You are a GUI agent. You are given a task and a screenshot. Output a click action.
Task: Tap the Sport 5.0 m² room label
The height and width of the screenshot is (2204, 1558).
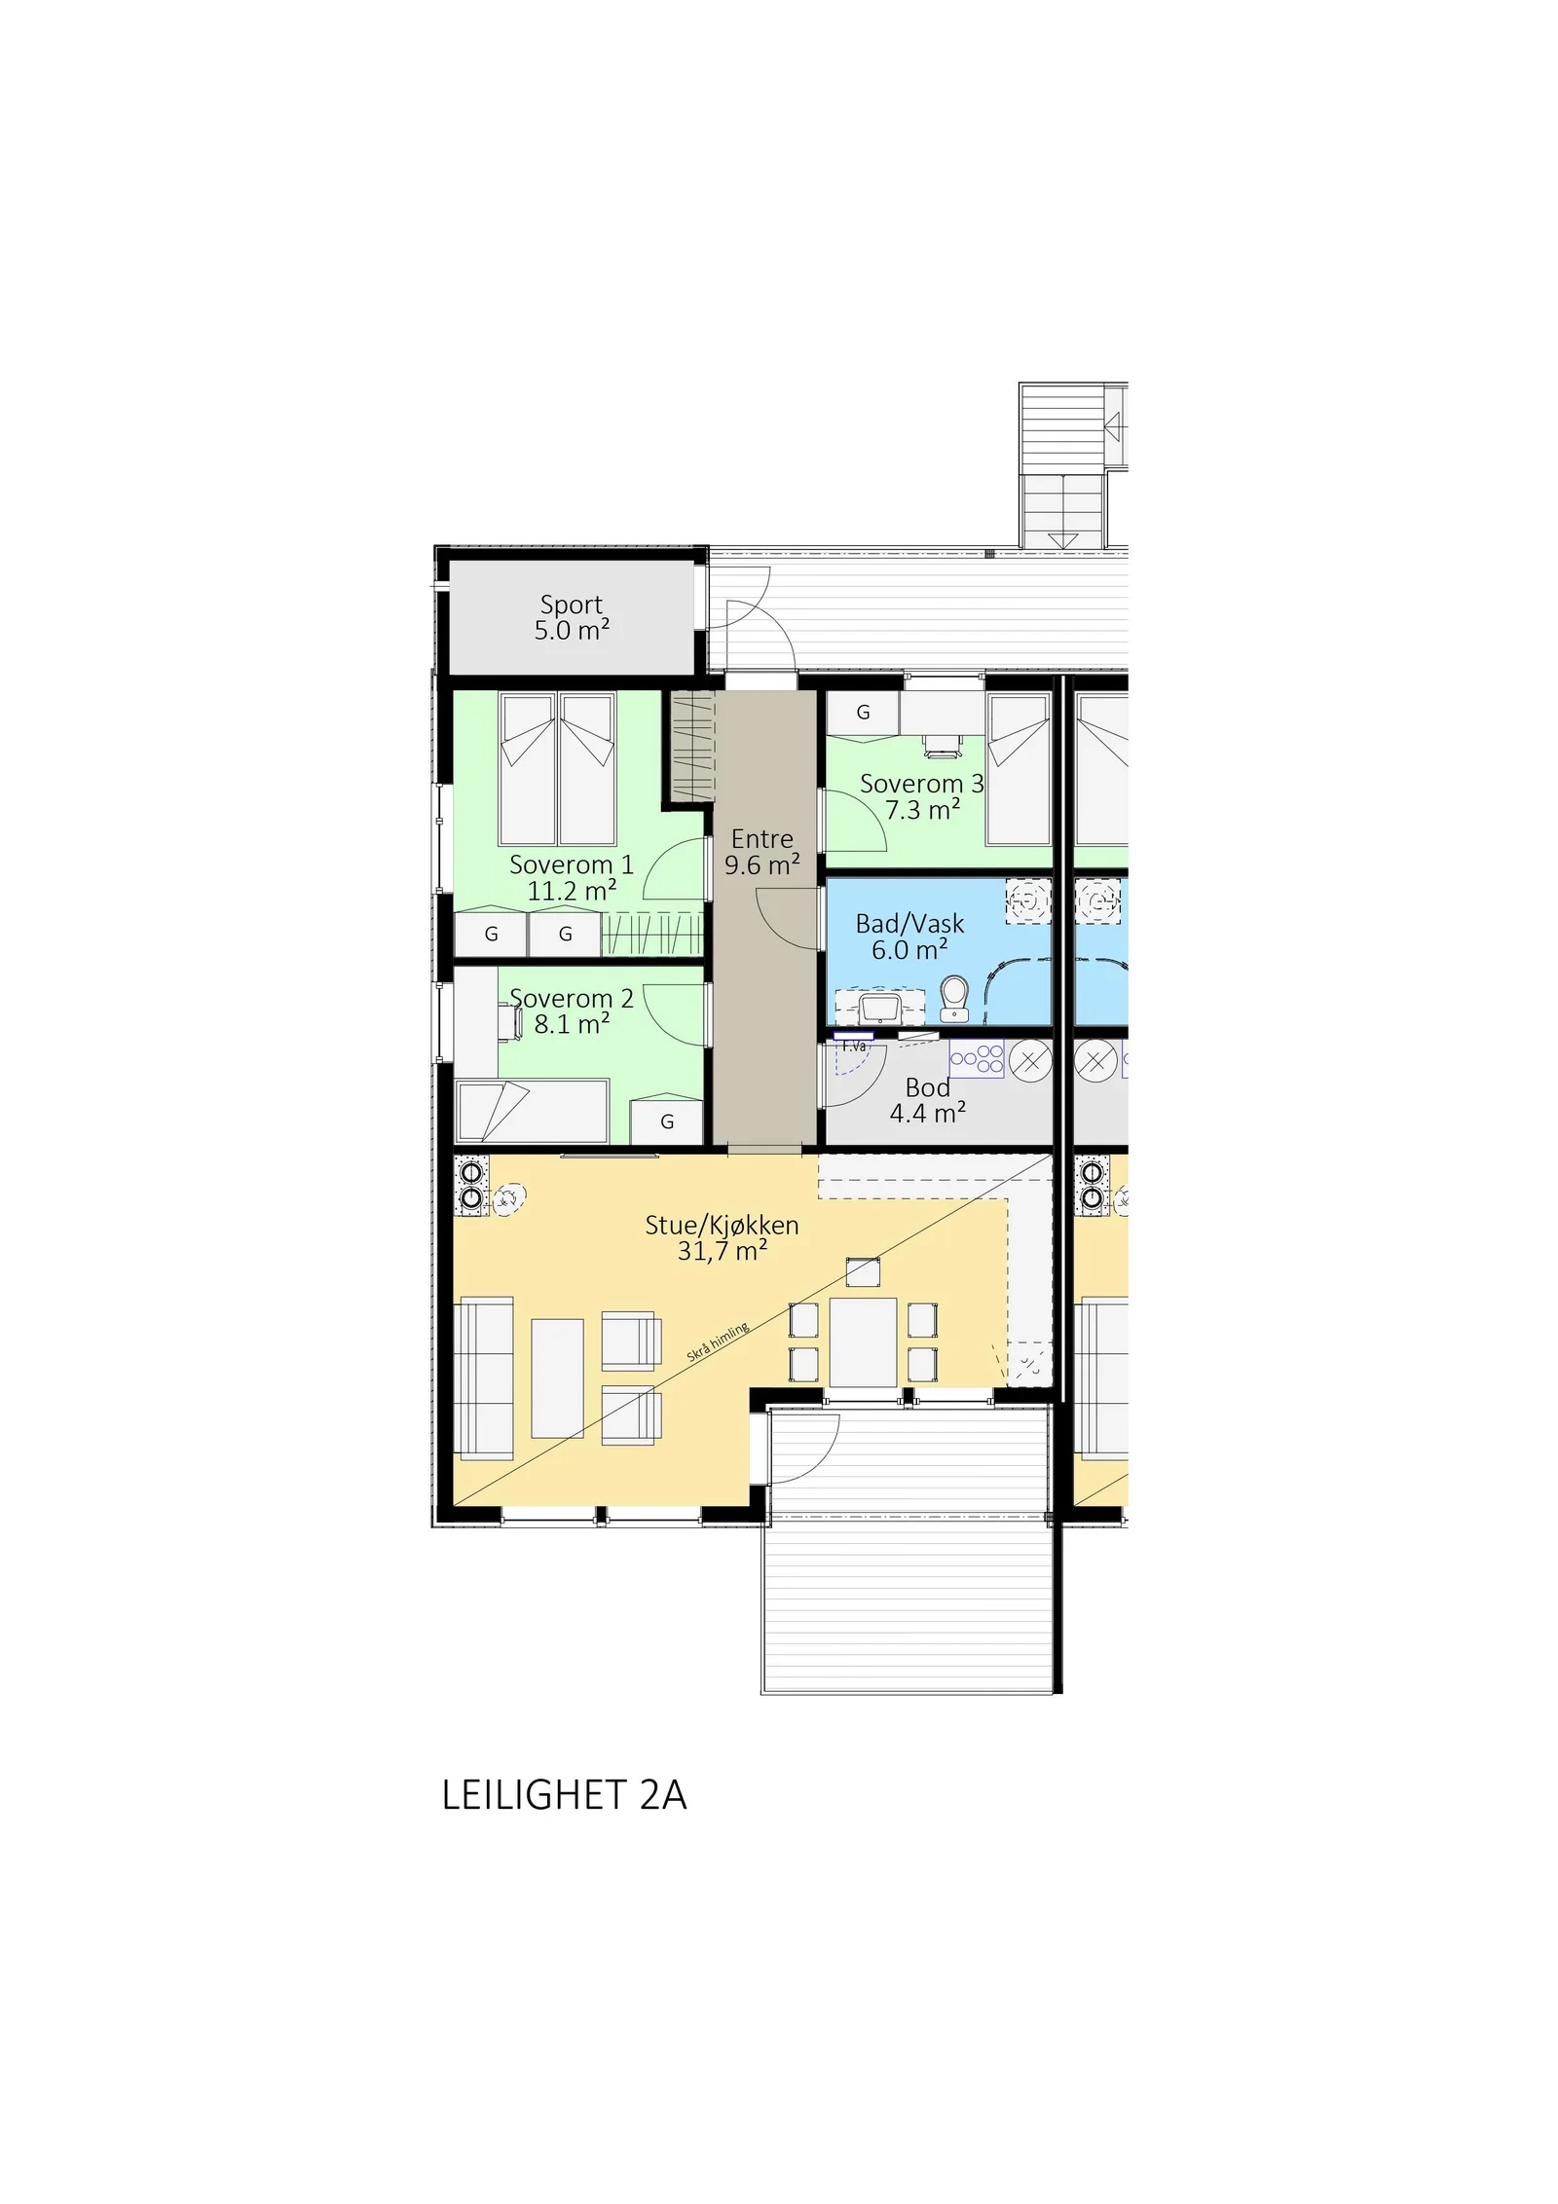coord(572,617)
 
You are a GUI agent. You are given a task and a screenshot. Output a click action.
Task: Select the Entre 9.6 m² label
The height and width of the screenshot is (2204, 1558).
coord(762,852)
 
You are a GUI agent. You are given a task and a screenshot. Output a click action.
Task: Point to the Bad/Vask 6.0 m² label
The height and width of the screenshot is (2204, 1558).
coord(909,937)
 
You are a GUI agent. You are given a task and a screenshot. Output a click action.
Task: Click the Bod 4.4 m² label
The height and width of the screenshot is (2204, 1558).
coord(927,1100)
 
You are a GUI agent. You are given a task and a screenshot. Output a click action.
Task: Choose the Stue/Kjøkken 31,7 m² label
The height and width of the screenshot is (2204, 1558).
coord(722,1237)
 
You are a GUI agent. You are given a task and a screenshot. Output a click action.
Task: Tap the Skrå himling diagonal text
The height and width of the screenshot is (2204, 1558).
coord(718,1341)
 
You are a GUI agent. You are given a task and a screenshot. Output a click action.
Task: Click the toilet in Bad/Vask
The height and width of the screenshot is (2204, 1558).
coord(955,1000)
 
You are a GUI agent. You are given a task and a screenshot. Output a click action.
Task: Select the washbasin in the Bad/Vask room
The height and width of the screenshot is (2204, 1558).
coord(880,1007)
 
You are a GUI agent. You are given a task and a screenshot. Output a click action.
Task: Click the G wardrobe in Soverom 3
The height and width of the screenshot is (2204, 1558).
coord(863,713)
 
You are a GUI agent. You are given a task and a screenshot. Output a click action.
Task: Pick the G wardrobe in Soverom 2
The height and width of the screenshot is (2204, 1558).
coord(667,1120)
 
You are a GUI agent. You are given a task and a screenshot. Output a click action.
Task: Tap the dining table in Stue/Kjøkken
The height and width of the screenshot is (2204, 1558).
coord(863,1341)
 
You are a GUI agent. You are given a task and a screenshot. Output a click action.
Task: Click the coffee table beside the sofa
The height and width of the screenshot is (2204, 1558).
coord(557,1378)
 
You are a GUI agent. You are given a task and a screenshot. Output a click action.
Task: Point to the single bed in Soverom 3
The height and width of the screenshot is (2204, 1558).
coord(1019,770)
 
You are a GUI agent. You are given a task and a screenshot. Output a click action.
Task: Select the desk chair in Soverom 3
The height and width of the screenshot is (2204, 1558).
coord(941,745)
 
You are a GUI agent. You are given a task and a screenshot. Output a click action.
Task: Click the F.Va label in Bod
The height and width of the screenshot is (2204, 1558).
coord(854,1047)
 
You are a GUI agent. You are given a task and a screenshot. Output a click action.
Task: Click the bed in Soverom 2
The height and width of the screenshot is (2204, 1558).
coord(533,1111)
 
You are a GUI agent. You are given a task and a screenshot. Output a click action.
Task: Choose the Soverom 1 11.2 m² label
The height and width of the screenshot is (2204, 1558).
coord(572,877)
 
